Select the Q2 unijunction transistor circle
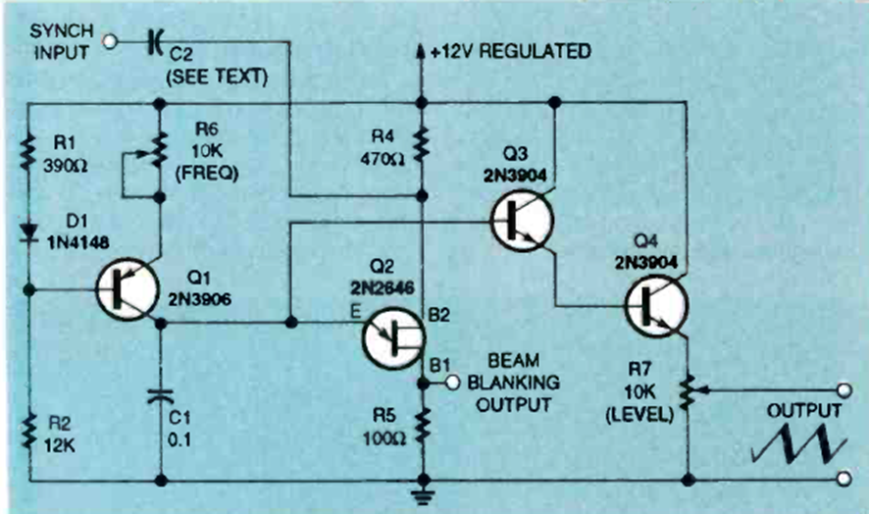click(392, 335)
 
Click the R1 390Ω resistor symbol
click(28, 152)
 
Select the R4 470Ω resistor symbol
click(421, 144)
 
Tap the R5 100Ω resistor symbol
click(421, 424)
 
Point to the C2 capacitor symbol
click(156, 41)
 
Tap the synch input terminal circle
click(110, 41)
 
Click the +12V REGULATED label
click(510, 51)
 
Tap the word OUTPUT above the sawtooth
click(803, 410)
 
